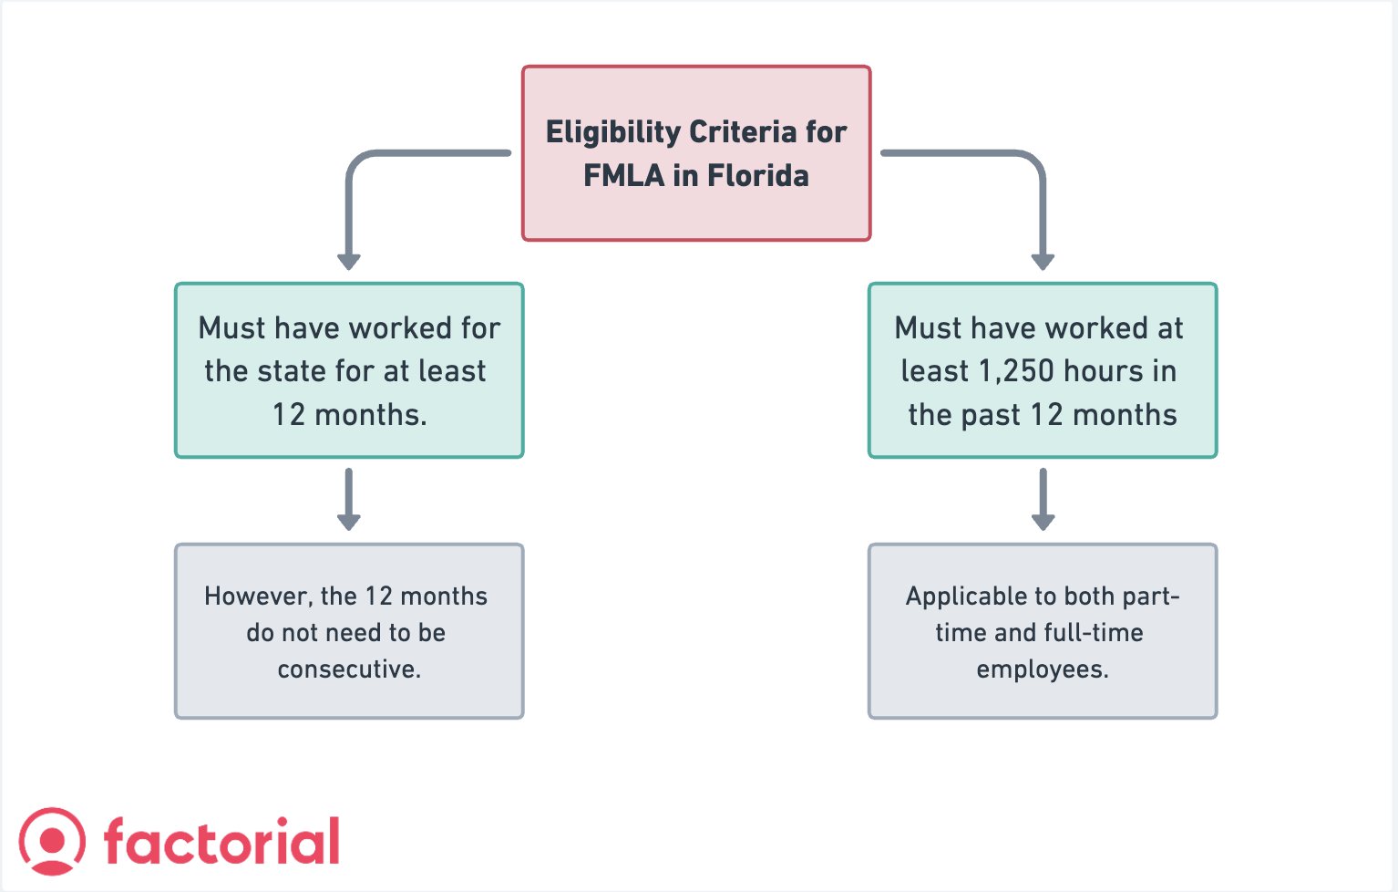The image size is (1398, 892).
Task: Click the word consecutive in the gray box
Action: pos(349,669)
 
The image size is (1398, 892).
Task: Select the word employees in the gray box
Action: pos(1042,669)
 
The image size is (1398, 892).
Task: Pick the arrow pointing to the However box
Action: pos(349,500)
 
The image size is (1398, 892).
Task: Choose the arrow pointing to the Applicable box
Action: pos(1043,500)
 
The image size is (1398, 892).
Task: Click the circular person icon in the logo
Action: pos(53,841)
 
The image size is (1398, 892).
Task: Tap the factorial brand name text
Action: pos(221,842)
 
